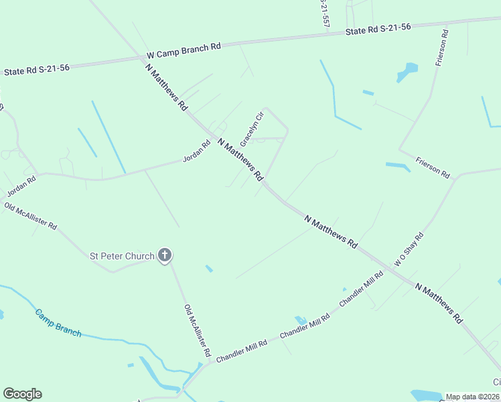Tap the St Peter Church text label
pos(122,256)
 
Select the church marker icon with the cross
pos(165,255)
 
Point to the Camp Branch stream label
pos(58,323)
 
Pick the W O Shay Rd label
pos(409,250)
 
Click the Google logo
pos(22,394)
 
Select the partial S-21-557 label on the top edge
pos(325,13)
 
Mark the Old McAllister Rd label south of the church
pos(198,330)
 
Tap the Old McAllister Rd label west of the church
pos(31,216)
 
